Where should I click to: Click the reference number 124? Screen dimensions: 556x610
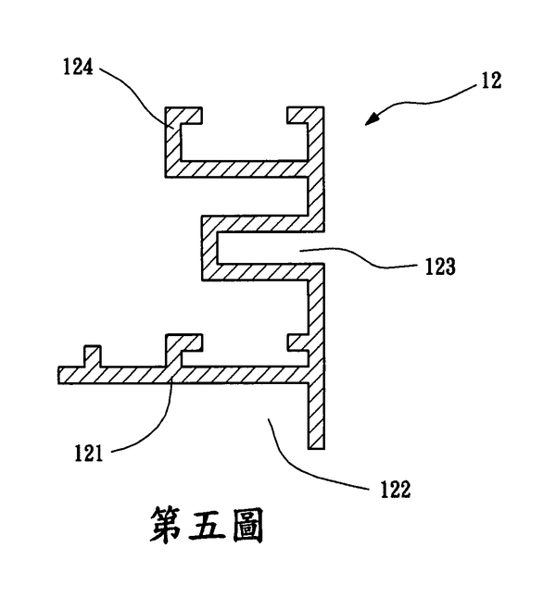point(78,67)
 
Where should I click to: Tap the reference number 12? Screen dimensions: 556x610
point(491,81)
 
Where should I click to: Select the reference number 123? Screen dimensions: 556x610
point(440,267)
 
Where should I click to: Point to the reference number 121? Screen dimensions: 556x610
point(89,454)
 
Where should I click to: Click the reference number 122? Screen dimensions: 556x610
point(396,489)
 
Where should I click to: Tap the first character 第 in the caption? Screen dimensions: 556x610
point(166,525)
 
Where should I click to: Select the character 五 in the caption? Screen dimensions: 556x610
point(208,525)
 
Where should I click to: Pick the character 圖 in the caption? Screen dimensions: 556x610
point(248,525)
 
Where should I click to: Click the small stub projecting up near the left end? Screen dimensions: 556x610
point(93,356)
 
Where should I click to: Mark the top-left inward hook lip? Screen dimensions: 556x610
point(191,115)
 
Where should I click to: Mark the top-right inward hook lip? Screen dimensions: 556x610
point(297,115)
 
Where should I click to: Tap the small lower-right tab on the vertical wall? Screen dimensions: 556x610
point(297,342)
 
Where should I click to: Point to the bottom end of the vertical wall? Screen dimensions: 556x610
point(316,448)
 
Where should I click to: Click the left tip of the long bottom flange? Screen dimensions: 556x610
point(59,376)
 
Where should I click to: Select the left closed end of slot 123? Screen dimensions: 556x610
point(209,248)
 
